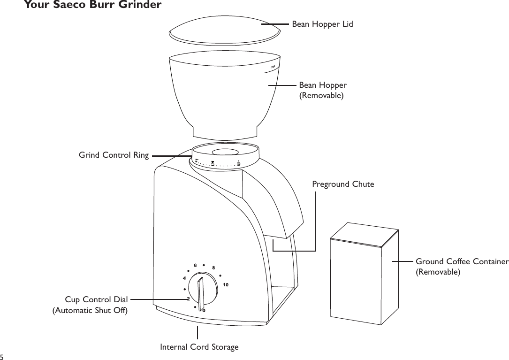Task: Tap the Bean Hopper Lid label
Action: tap(322, 23)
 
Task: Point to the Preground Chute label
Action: tap(343, 184)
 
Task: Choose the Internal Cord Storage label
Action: tap(199, 347)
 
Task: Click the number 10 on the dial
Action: tap(226, 285)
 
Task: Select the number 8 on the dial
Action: tap(213, 268)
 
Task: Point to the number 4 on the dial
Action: tap(184, 278)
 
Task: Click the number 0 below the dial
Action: tap(203, 310)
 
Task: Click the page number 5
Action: tap(3, 356)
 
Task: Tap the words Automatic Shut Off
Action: tap(90, 310)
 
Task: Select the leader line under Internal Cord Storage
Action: tap(198, 332)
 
